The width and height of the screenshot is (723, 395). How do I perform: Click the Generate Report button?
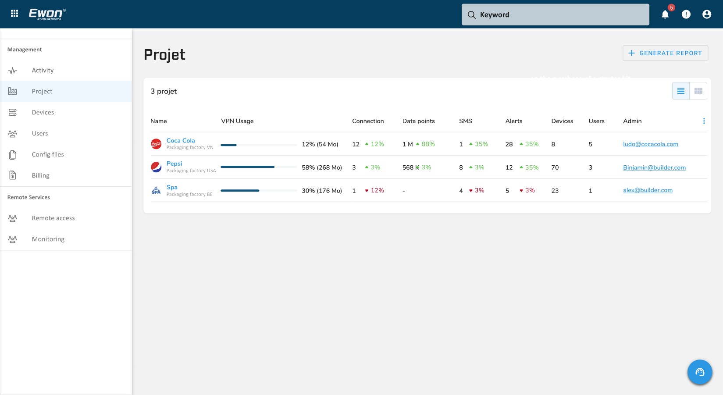click(665, 53)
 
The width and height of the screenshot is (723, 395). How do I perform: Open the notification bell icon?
click(665, 14)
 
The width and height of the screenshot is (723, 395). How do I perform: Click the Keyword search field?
click(555, 14)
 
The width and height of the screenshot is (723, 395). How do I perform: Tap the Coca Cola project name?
click(181, 140)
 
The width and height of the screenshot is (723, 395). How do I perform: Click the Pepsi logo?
click(156, 167)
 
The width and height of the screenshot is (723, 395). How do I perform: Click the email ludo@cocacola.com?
click(650, 144)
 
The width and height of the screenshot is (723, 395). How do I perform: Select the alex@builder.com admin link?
click(648, 190)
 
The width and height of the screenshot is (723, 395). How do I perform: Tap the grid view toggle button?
click(698, 91)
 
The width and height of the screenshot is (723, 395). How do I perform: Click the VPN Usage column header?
click(237, 121)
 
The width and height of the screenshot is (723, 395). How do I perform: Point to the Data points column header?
click(418, 121)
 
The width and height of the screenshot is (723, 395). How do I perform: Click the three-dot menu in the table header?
click(704, 121)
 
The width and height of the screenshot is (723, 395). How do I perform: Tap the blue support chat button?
click(699, 372)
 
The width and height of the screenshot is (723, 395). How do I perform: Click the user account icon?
click(706, 14)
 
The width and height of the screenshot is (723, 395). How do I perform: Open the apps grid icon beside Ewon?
click(14, 13)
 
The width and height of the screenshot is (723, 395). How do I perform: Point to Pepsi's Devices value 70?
click(555, 167)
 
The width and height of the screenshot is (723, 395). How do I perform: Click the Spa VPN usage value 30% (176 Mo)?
click(321, 191)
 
